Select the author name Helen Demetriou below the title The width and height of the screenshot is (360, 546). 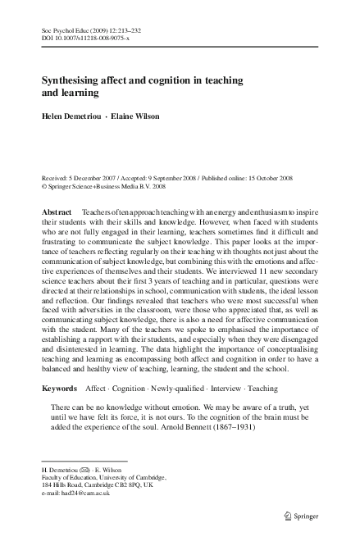click(74, 116)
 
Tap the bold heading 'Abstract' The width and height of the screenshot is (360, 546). click(57, 211)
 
